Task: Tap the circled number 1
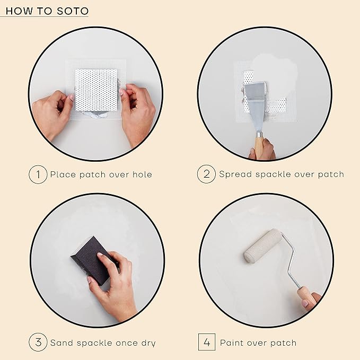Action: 38,174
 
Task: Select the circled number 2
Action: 206,174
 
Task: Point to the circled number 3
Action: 38,343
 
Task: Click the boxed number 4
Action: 206,343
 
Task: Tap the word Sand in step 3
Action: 62,343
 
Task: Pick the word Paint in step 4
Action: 232,343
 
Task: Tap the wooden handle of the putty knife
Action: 259,145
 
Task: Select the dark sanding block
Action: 90,260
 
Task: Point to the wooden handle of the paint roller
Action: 306,295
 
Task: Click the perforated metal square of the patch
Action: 96,90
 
